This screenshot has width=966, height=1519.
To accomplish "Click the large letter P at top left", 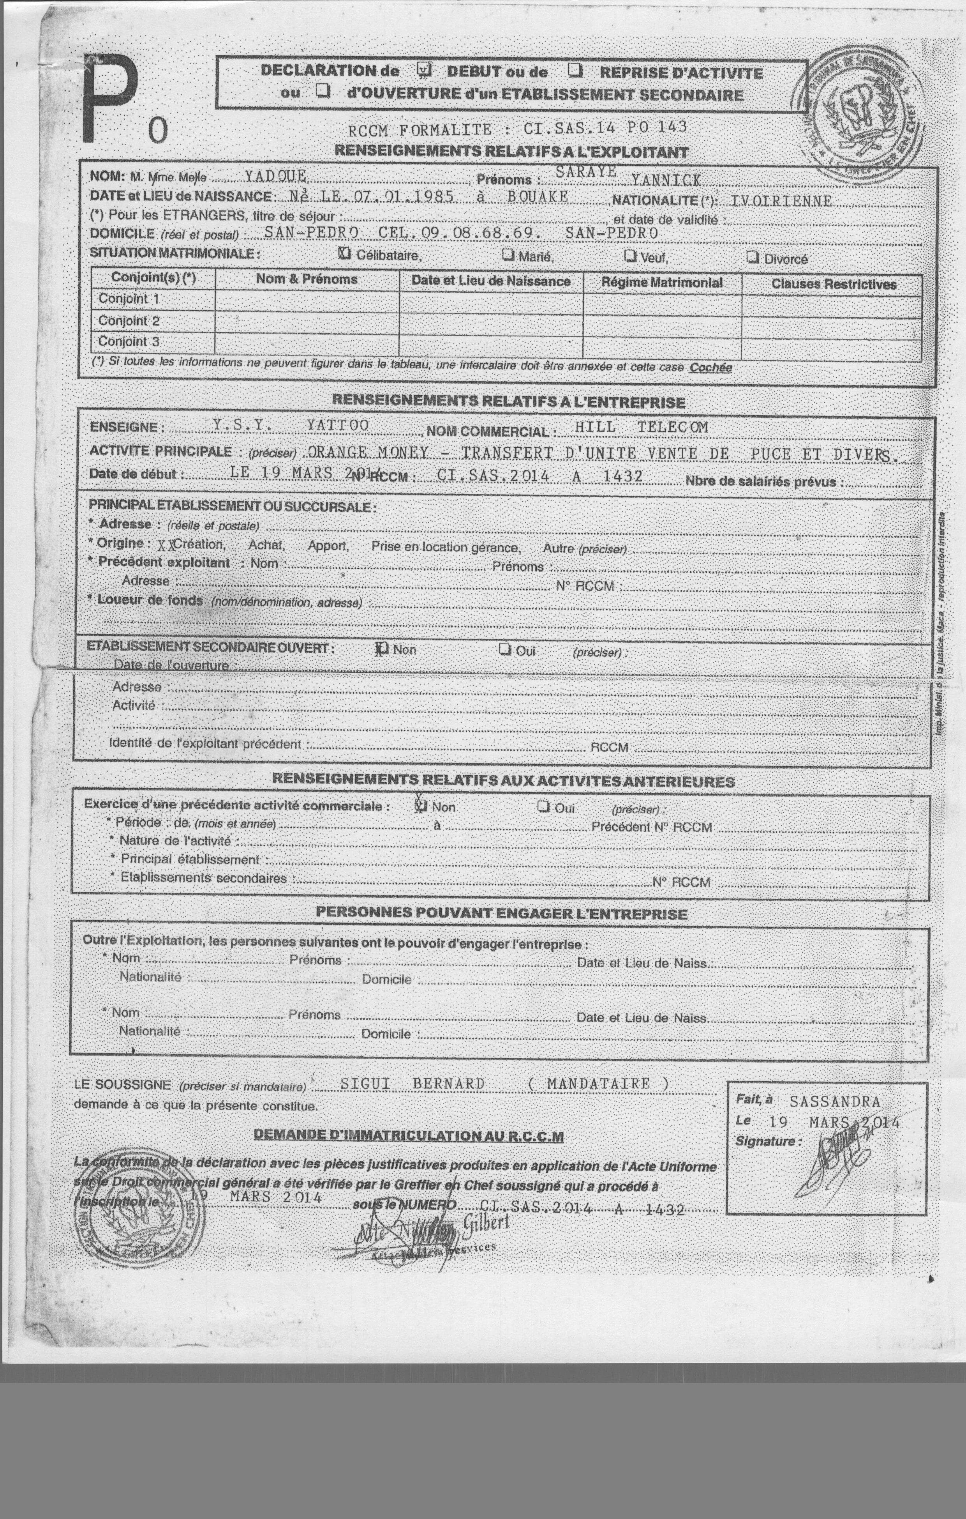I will [x=108, y=98].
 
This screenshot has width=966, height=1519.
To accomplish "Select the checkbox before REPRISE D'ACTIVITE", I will [x=575, y=70].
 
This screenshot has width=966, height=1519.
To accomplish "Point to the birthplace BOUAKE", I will [x=537, y=197].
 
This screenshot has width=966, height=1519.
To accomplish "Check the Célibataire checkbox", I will [x=345, y=254].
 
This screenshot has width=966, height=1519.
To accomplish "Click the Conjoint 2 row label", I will [x=129, y=320].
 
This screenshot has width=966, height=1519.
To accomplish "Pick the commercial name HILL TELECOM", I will [x=641, y=427].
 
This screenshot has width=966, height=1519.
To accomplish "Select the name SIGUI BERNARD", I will [x=412, y=1083].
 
